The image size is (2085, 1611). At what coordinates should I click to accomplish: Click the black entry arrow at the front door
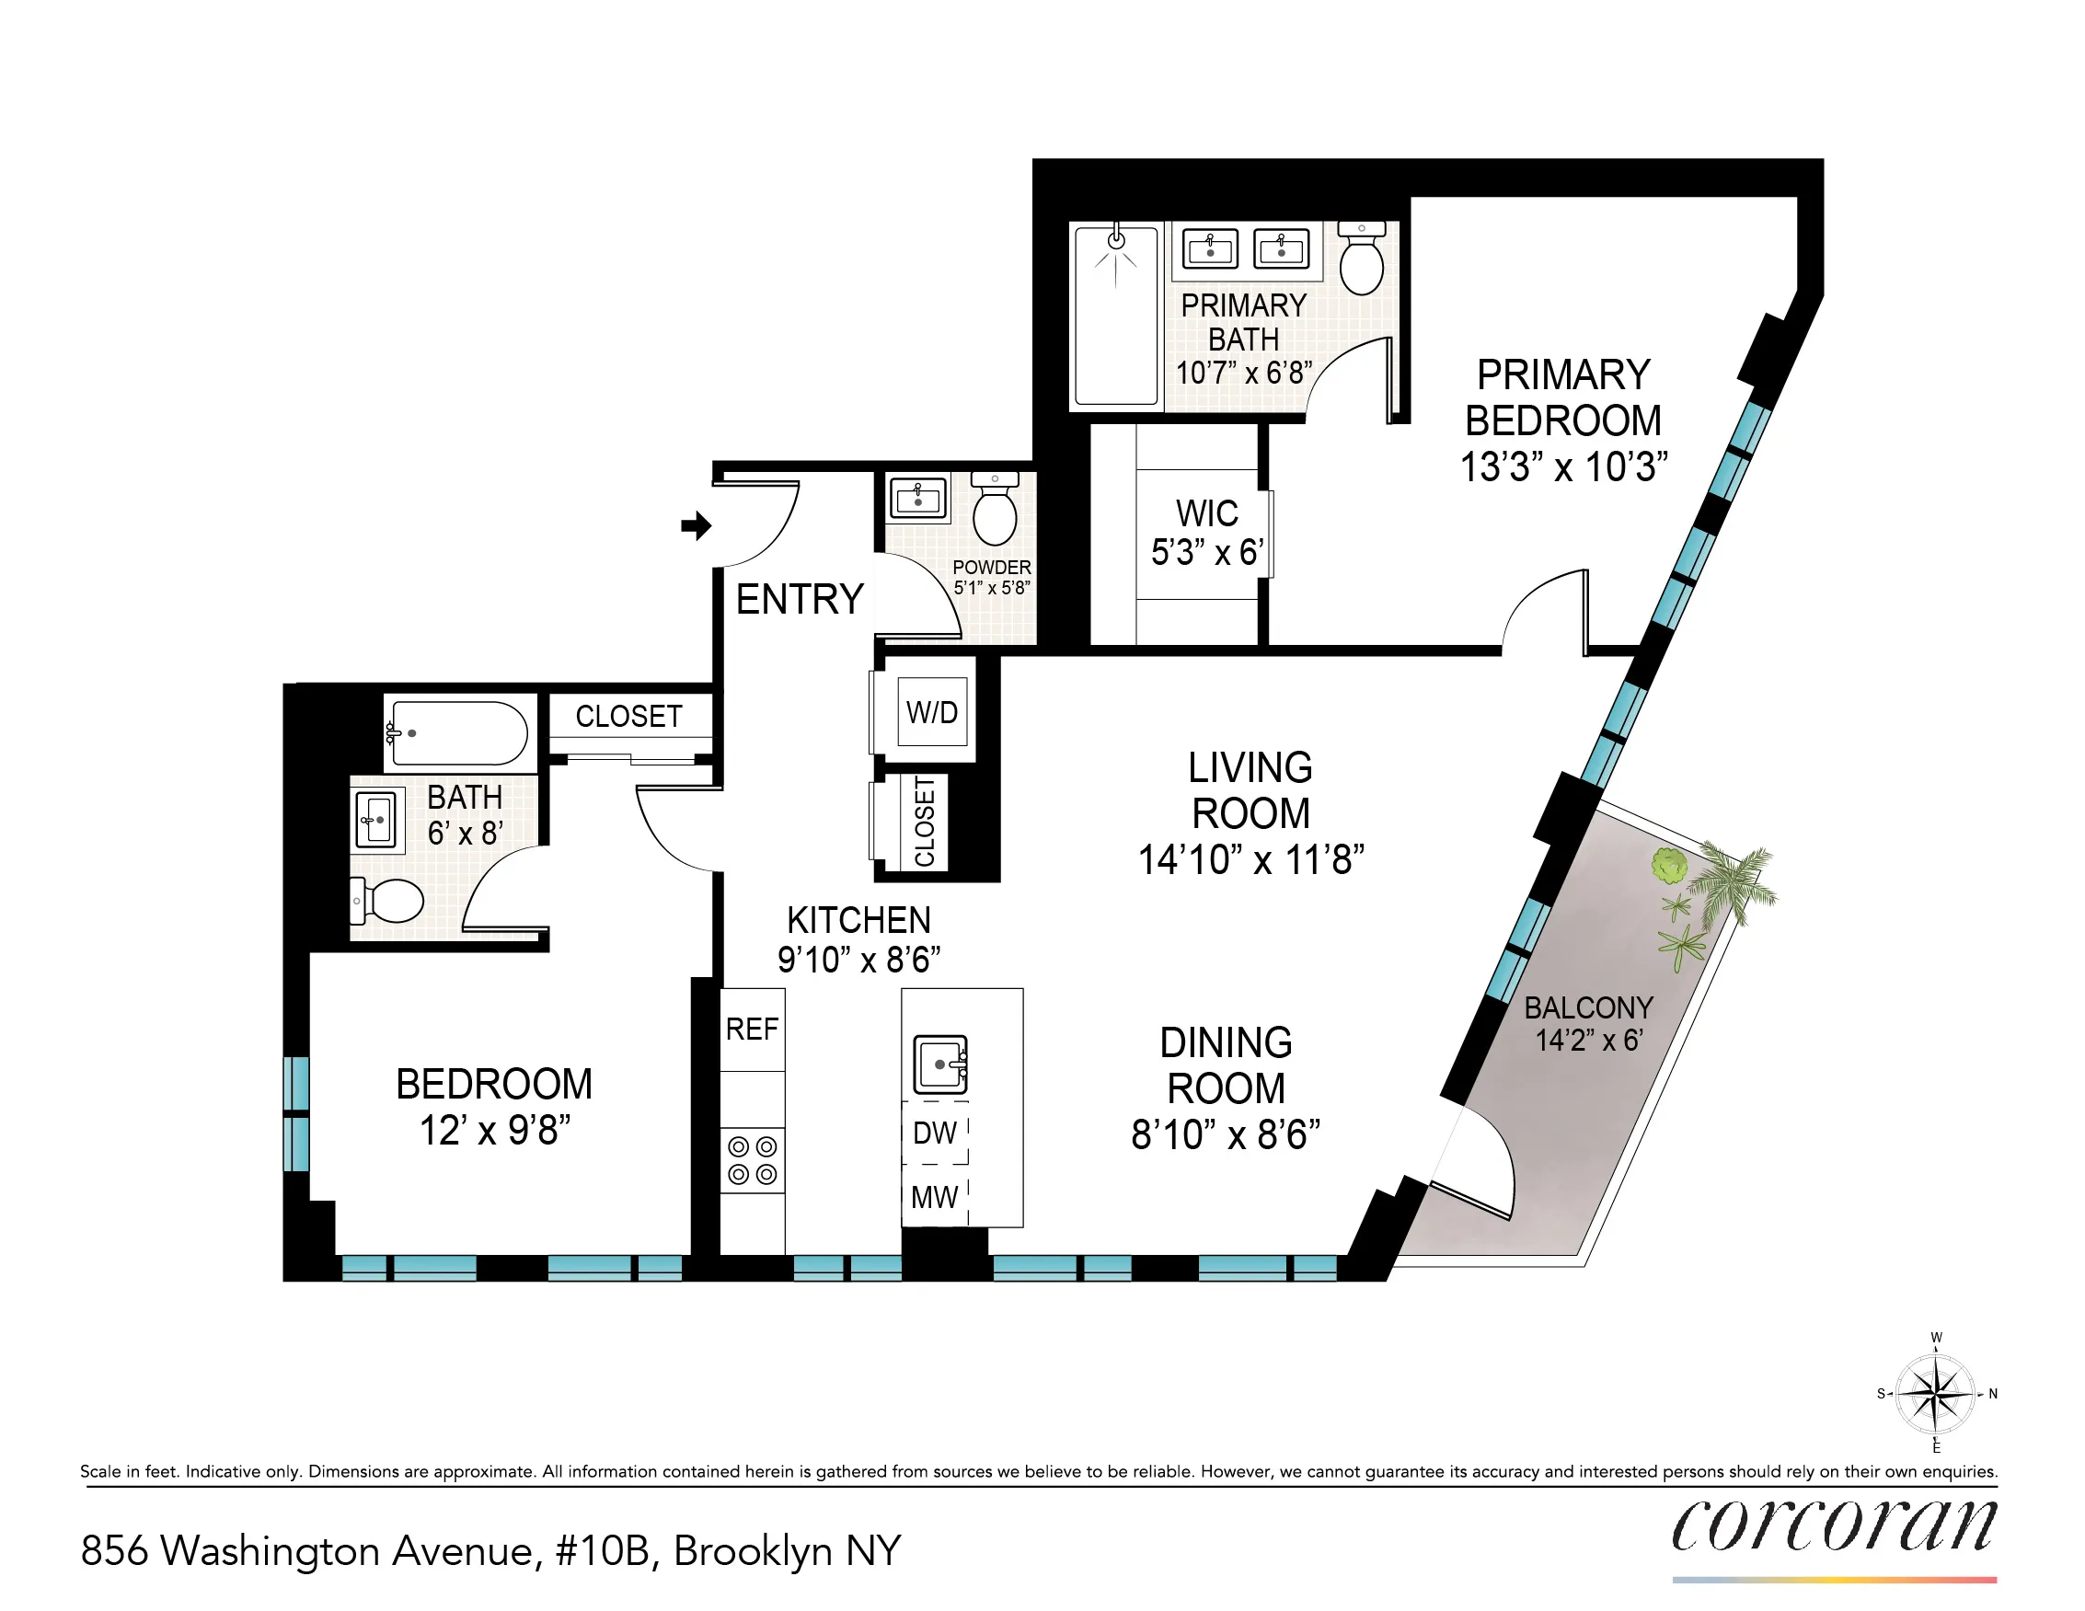click(x=696, y=525)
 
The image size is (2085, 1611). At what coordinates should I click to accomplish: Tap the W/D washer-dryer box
click(x=932, y=712)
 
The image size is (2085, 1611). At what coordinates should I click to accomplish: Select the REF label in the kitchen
click(x=753, y=1029)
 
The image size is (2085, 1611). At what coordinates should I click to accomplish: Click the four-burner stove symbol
click(x=753, y=1159)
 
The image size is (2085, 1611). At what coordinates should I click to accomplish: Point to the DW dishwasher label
click(x=935, y=1133)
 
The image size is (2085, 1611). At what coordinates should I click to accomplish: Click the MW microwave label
click(x=935, y=1197)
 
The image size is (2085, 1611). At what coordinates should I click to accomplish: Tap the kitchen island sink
click(x=941, y=1064)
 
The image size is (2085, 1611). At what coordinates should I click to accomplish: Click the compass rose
click(x=1935, y=1393)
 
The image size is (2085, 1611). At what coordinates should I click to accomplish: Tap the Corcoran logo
click(x=1833, y=1525)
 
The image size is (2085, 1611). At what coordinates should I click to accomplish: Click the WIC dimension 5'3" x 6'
click(x=1207, y=553)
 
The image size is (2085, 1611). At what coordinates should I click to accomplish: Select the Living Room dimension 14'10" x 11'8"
click(x=1250, y=860)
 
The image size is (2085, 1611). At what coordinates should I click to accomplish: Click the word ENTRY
click(x=800, y=599)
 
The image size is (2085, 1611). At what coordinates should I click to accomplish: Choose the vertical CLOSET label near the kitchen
click(x=924, y=822)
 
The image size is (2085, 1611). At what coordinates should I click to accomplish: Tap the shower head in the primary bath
click(x=1116, y=239)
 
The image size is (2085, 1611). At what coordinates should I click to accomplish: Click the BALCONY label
click(x=1588, y=1007)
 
